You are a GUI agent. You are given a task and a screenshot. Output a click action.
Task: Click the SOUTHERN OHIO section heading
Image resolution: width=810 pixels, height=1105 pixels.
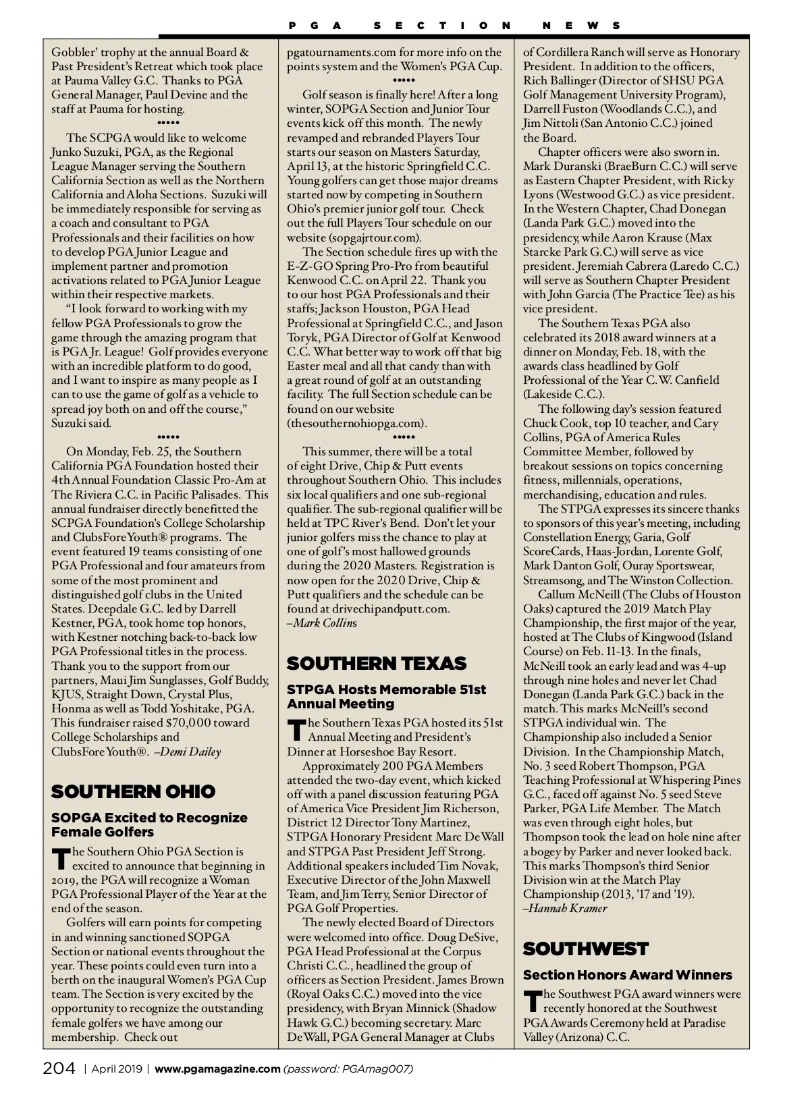point(133,791)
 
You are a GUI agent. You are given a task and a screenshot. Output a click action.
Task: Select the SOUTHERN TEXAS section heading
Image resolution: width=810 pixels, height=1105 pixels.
point(377,663)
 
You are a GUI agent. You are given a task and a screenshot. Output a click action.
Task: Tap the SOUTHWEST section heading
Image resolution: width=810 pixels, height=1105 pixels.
point(585,948)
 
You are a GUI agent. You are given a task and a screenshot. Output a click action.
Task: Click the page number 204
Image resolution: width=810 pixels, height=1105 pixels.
point(59,1069)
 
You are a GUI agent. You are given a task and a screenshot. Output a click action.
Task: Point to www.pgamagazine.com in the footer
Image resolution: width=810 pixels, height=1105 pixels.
point(217,1069)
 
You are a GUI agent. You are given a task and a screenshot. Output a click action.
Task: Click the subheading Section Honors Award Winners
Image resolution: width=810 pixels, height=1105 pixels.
point(627,975)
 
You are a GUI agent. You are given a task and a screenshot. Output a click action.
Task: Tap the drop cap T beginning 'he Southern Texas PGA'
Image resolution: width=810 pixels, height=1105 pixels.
point(296,729)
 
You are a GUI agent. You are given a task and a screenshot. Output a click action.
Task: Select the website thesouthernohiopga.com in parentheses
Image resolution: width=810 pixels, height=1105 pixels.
point(357,423)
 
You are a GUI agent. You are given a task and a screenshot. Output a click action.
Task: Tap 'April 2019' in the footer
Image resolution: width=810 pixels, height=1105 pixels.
point(117,1069)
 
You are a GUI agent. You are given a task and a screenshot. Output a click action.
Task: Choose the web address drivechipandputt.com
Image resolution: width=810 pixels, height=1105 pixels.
point(390,608)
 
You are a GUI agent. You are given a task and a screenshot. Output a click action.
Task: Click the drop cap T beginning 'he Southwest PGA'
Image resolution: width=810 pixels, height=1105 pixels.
point(532,1001)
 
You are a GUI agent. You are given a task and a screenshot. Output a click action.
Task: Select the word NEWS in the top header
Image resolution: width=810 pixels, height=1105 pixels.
point(581,26)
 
